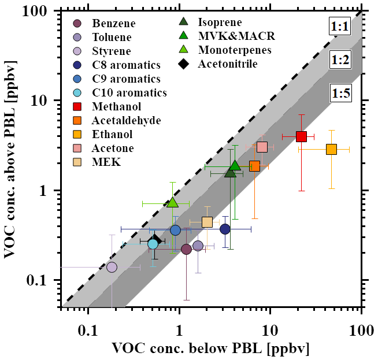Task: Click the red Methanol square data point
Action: click(301, 136)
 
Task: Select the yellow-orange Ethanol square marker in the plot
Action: click(331, 149)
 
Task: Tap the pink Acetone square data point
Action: click(262, 147)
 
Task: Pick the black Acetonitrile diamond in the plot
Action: click(155, 240)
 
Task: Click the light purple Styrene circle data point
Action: click(112, 267)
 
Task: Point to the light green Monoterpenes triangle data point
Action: click(172, 202)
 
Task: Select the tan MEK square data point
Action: click(207, 222)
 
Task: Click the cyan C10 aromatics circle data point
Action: click(153, 244)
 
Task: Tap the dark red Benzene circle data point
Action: click(186, 249)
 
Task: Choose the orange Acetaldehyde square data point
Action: click(254, 166)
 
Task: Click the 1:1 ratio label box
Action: click(339, 28)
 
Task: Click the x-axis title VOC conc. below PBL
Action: click(210, 348)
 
